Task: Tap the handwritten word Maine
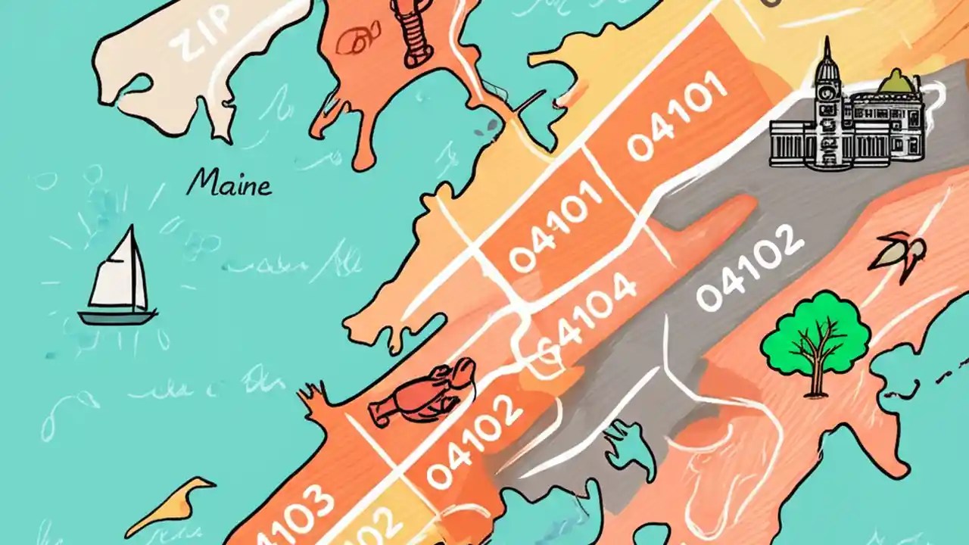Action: [x=229, y=183]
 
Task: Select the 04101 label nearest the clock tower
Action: [x=678, y=121]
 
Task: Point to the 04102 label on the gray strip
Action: [x=749, y=269]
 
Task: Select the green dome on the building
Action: [x=899, y=82]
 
